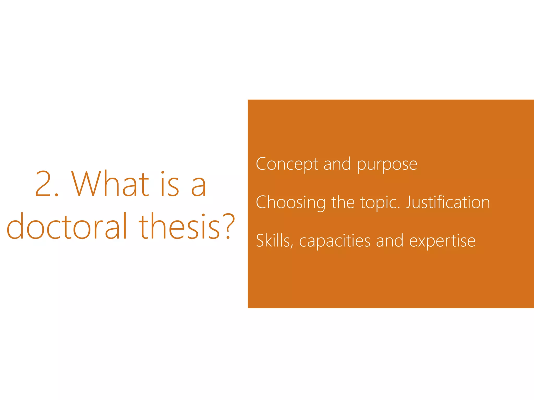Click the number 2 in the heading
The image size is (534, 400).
44,184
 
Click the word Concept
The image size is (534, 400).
287,164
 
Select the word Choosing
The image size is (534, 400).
291,203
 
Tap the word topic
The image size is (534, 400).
380,203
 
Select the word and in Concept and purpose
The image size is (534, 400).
337,164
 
